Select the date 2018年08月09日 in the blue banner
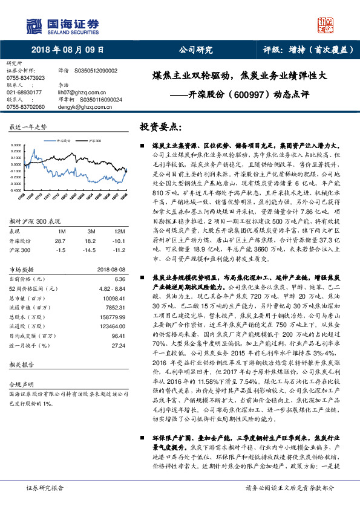pyautogui.click(x=67, y=50)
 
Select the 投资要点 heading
pyautogui.click(x=160, y=128)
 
